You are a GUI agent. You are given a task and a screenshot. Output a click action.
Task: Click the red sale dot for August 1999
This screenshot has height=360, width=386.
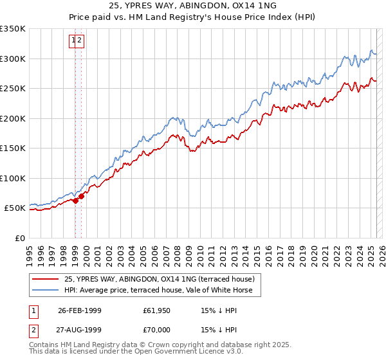pyautogui.click(x=82, y=196)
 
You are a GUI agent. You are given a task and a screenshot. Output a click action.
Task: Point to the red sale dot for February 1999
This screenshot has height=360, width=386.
pyautogui.click(x=76, y=201)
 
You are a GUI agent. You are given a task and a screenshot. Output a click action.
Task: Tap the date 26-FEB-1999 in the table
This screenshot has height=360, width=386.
pyautogui.click(x=79, y=310)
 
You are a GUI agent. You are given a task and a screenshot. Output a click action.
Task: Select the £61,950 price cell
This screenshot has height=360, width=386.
pyautogui.click(x=158, y=310)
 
